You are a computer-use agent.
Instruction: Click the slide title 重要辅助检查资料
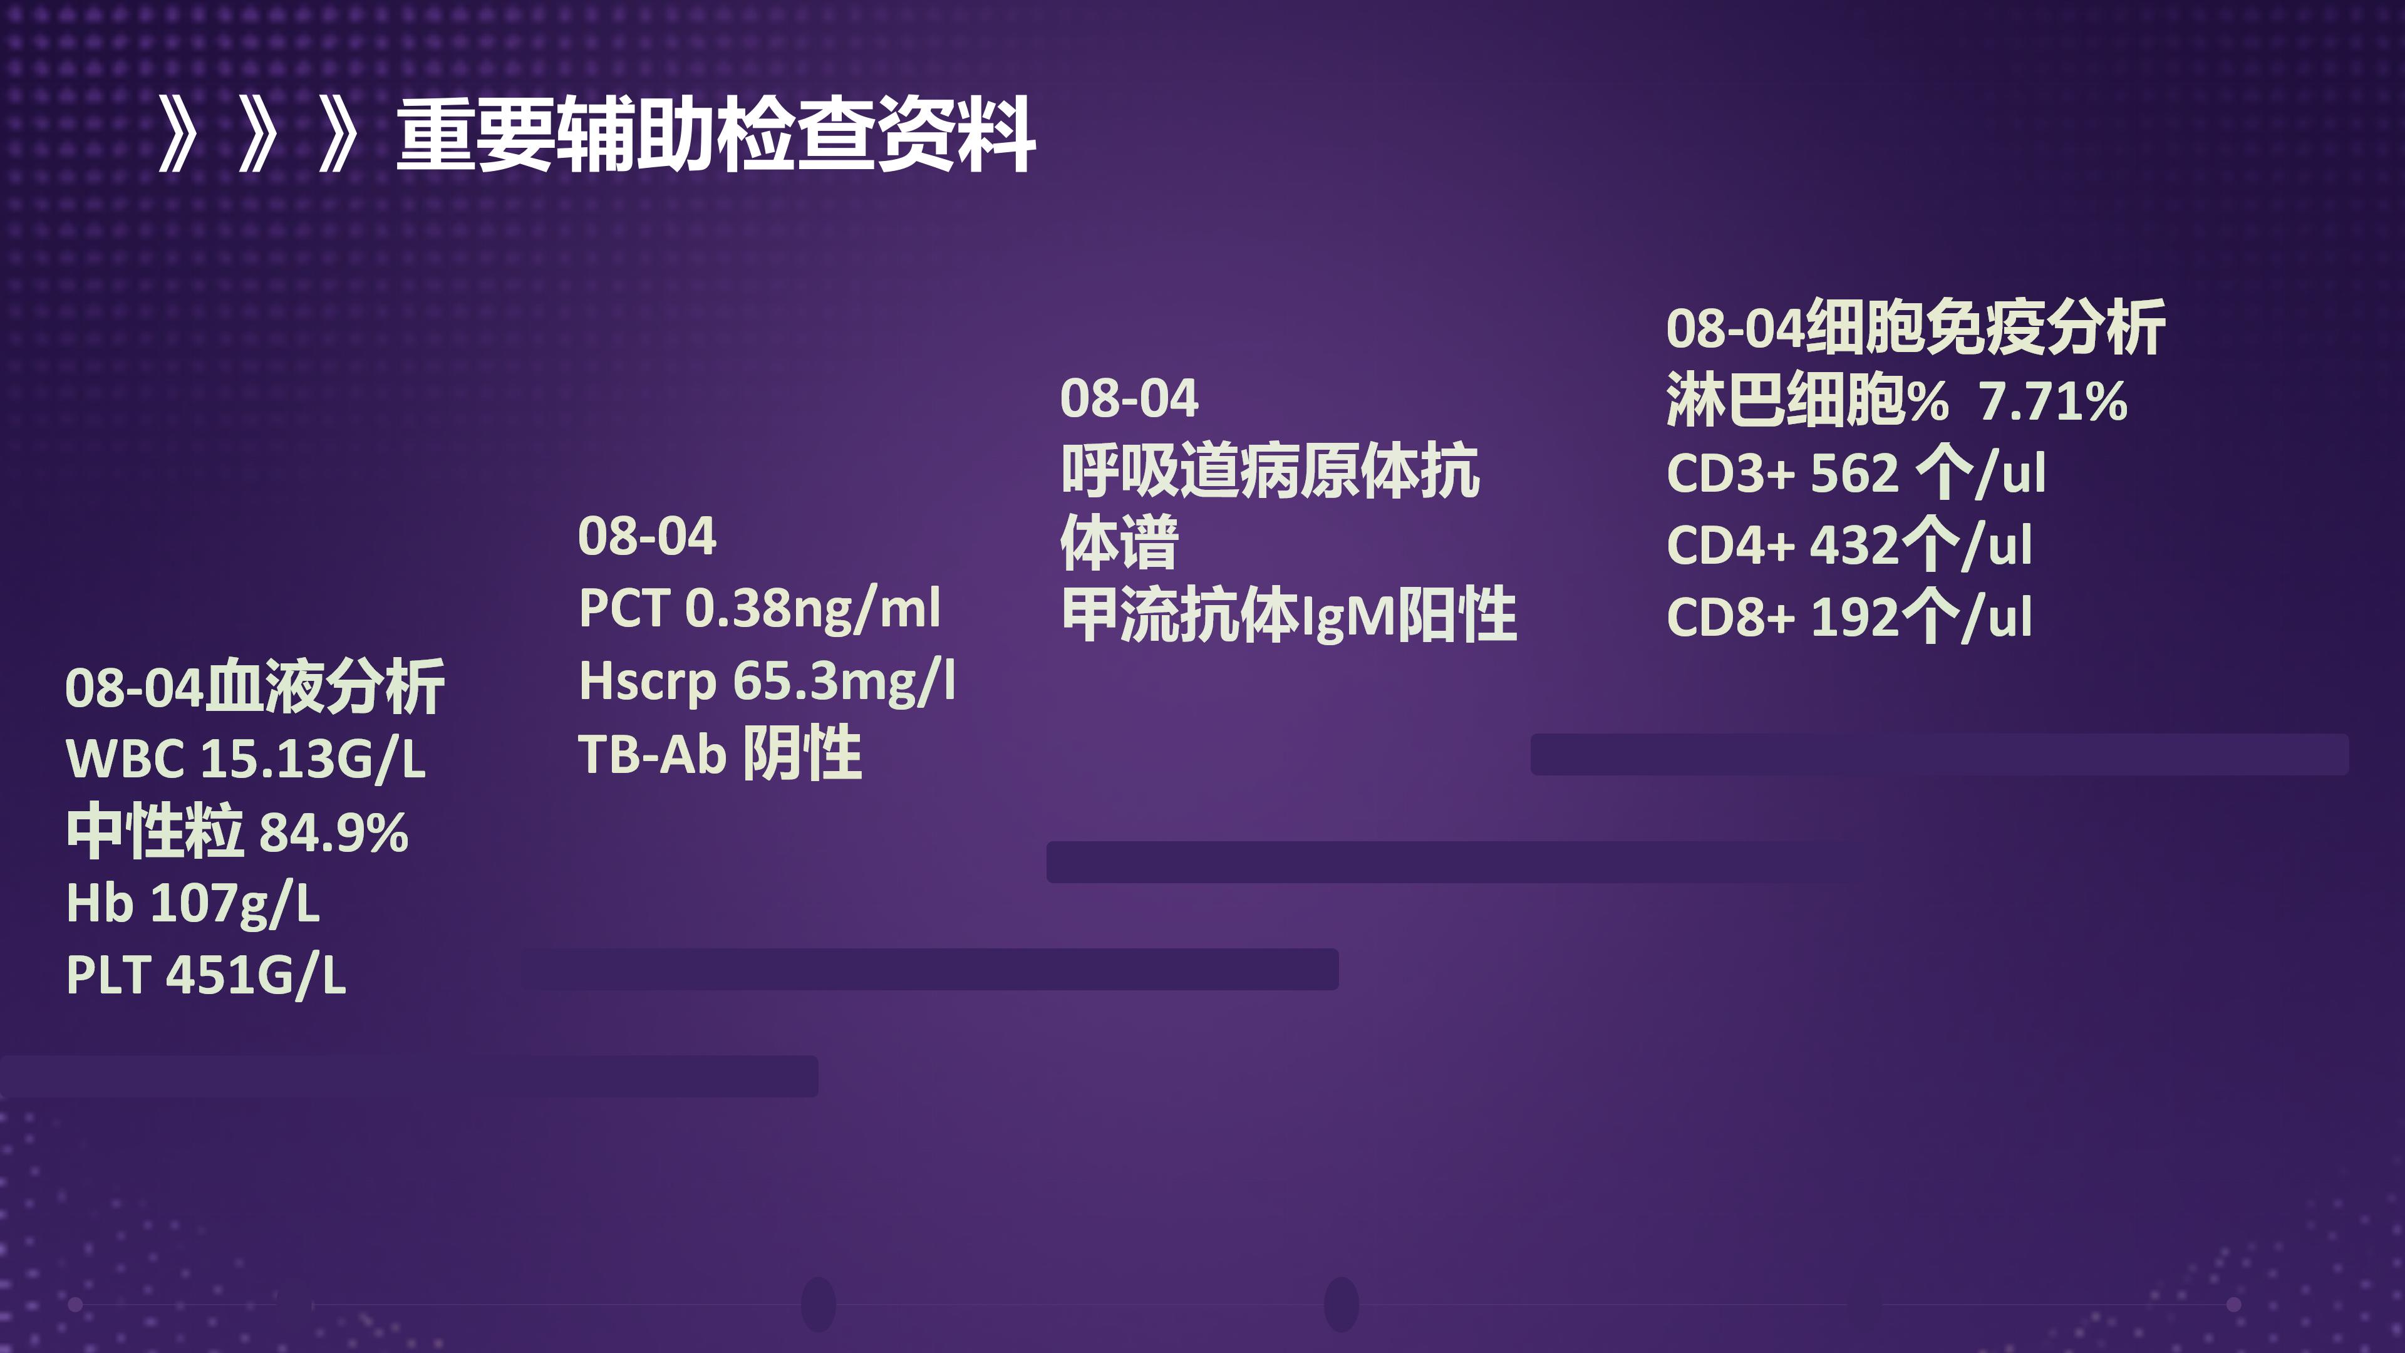pos(716,135)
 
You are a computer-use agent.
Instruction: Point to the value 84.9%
pos(333,832)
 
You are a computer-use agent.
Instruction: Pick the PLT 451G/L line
pos(206,976)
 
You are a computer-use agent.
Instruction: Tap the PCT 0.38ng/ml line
pos(760,609)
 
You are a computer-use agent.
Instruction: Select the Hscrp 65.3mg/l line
pos(767,681)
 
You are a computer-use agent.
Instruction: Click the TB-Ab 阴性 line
pos(720,754)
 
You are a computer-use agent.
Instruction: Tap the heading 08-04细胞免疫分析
pos(1916,328)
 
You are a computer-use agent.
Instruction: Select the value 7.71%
pos(2053,402)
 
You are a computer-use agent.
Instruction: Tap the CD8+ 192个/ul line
pos(1849,617)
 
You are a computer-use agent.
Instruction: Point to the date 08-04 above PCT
pos(647,536)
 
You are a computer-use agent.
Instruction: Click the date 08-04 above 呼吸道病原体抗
pos(1129,399)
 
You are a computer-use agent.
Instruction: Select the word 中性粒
pos(155,831)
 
